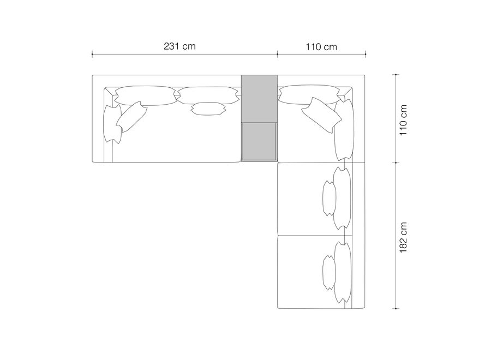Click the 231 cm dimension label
(x=179, y=46)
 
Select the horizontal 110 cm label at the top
(x=321, y=47)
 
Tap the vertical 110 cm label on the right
(x=403, y=120)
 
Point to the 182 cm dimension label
(x=403, y=237)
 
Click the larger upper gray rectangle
(x=259, y=99)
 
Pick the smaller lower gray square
(x=259, y=141)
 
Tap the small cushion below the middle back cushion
(x=208, y=109)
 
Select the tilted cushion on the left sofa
(x=131, y=116)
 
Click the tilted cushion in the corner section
(x=321, y=115)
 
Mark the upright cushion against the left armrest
(x=112, y=124)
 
